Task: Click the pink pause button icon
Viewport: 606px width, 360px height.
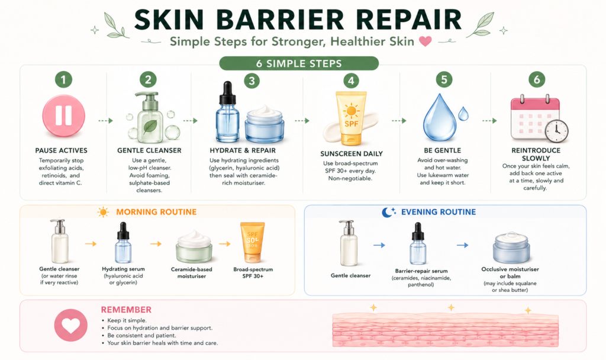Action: coord(63,115)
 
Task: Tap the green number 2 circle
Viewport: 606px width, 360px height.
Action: coord(148,80)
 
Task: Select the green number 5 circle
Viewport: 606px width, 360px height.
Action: coord(444,80)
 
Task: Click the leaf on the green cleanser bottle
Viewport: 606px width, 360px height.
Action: coord(150,127)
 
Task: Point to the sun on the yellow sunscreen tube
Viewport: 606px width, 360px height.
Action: coord(352,111)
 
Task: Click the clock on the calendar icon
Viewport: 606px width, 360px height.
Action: coord(556,131)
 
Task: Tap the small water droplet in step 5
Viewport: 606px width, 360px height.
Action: coord(463,114)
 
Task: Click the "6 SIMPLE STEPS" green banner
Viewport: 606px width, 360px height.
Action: coord(299,63)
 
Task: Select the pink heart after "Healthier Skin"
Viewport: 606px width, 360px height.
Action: coord(426,41)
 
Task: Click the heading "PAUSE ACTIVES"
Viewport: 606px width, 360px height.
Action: coord(62,150)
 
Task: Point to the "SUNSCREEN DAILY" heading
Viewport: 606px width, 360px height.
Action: coord(352,153)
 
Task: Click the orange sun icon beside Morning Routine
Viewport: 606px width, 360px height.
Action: coord(103,212)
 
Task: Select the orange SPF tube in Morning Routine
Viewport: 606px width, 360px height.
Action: coord(252,242)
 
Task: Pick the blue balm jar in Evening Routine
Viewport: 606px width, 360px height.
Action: coord(511,248)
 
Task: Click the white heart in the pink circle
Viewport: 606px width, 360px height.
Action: coord(71,326)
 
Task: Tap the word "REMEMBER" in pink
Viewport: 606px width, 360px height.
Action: coord(126,310)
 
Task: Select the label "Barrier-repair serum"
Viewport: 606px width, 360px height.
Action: coord(421,271)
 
